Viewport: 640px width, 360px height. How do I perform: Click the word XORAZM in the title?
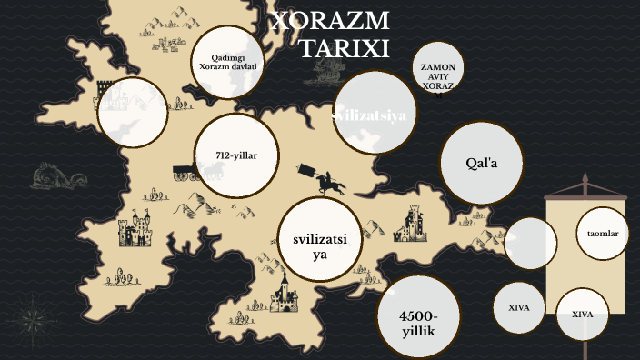[x=330, y=21]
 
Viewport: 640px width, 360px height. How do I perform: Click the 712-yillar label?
[x=237, y=155]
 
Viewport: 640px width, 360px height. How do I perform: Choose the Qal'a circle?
[x=482, y=163]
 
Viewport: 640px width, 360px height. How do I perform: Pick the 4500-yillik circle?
[x=419, y=322]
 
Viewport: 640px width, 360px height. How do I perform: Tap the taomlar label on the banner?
[x=603, y=234]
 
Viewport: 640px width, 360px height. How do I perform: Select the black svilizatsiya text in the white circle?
[x=320, y=245]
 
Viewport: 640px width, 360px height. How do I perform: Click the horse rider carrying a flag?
[x=327, y=180]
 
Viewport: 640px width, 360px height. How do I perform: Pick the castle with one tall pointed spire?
[x=287, y=296]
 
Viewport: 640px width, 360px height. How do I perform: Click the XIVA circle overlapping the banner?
[x=582, y=314]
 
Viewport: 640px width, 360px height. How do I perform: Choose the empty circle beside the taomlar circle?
[x=530, y=244]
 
